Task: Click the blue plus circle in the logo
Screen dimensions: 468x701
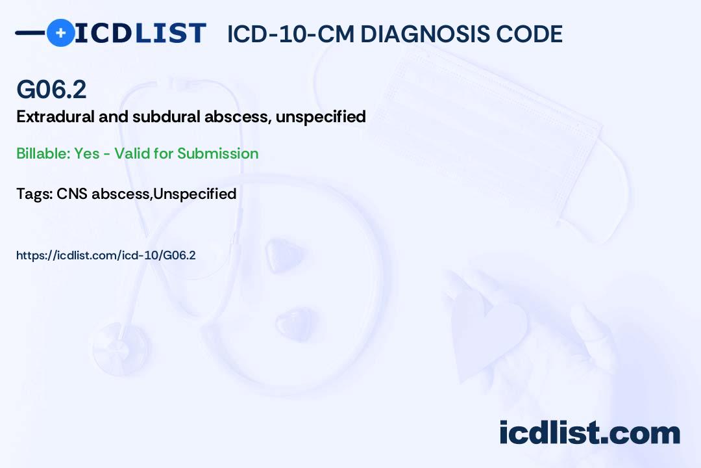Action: [x=61, y=32]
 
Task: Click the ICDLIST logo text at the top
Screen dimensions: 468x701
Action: [x=140, y=33]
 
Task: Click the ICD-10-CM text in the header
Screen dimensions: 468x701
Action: [x=290, y=34]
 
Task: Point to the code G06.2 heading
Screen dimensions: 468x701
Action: [x=51, y=90]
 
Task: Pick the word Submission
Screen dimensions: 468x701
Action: [x=218, y=153]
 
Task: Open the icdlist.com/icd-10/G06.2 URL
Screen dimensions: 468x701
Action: [x=106, y=255]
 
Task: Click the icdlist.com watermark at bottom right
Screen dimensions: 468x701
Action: [x=589, y=433]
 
